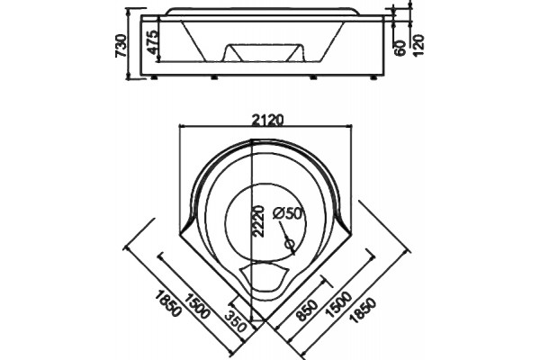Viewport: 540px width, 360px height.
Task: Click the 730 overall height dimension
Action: coord(121,46)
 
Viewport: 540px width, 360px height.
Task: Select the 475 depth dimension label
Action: coord(153,41)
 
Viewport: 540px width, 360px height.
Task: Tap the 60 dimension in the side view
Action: coord(400,48)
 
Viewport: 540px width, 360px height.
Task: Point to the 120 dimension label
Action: coord(418,45)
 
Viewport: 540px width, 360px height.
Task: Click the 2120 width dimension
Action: coord(267,120)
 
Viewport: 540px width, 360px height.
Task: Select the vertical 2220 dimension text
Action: coord(258,221)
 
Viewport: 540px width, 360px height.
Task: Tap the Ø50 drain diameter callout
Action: coord(286,213)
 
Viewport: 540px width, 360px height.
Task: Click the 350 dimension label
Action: coord(236,321)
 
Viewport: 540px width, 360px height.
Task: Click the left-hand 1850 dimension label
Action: coord(168,304)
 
